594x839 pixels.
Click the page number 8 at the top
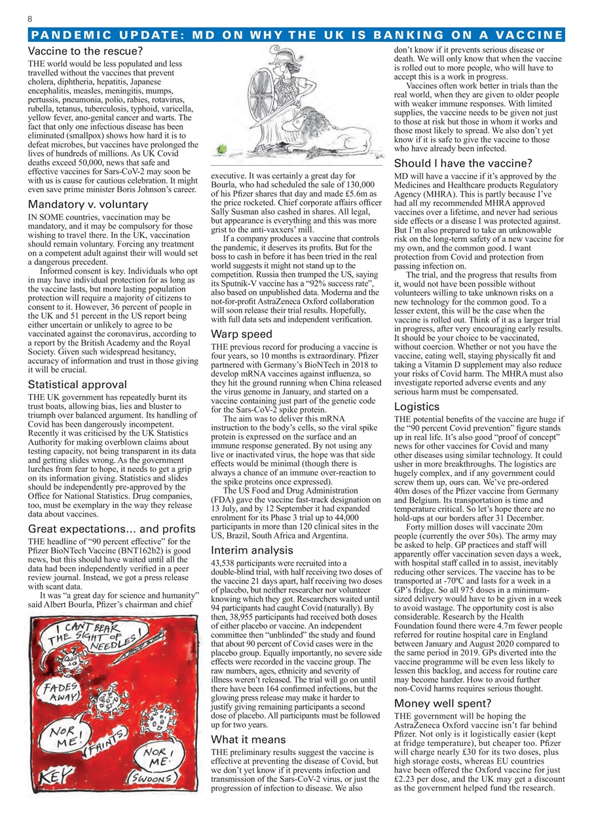coord(30,19)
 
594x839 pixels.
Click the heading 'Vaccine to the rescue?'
coord(86,50)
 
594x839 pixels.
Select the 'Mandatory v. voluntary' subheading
coord(88,205)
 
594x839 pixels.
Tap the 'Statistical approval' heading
coord(78,385)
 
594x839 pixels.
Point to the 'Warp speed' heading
coord(241,334)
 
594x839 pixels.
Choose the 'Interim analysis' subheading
coord(251,550)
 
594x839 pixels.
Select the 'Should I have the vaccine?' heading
coord(463,164)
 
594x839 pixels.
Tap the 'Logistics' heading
coord(417,406)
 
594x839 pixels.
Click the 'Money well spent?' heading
coord(442,703)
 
